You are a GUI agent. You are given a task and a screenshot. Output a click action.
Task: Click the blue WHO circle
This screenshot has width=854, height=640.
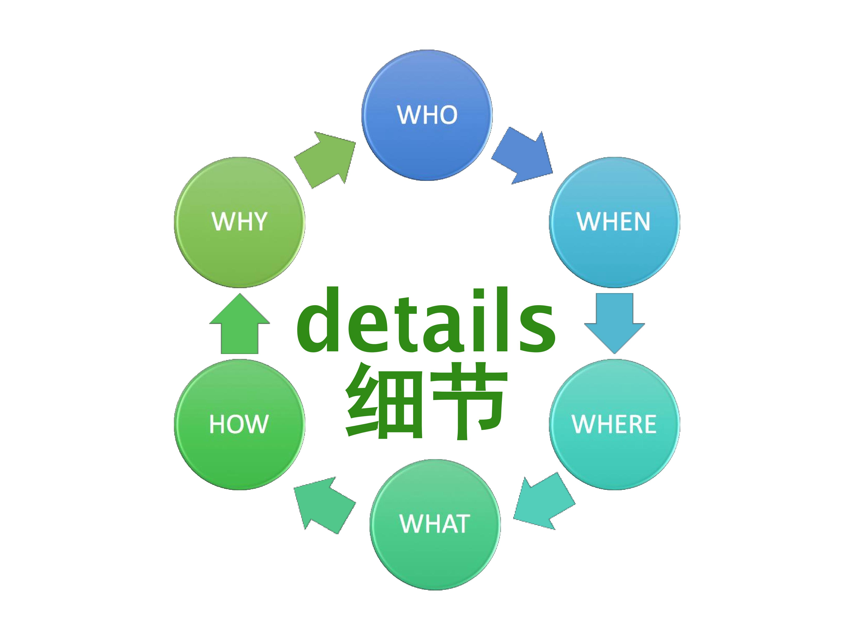pos(427,115)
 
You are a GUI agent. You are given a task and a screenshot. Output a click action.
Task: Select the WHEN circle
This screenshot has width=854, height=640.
pos(614,222)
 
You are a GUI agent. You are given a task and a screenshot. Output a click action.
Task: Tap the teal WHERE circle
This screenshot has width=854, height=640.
pos(614,424)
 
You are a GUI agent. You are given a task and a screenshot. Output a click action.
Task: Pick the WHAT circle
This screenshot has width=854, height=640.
pos(435,525)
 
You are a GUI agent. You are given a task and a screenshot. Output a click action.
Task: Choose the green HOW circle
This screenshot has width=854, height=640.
pos(239,424)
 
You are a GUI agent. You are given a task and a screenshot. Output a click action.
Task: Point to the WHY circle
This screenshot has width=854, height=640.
pos(239,222)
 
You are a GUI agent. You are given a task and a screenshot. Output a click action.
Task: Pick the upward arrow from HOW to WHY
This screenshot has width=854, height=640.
pos(239,323)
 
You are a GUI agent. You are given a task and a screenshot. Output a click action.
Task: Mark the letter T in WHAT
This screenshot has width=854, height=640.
pos(462,524)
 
